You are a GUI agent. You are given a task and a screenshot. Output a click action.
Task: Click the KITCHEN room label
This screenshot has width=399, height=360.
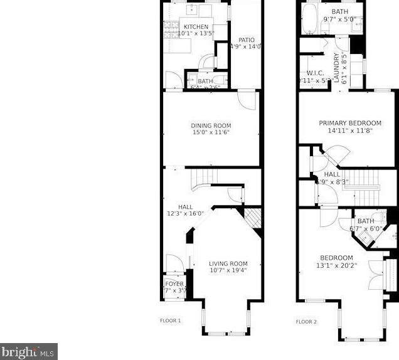point(196,27)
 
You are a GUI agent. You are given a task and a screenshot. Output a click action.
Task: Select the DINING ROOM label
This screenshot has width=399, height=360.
point(211,125)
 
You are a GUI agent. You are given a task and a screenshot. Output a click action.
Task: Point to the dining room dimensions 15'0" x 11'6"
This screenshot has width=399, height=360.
point(211,132)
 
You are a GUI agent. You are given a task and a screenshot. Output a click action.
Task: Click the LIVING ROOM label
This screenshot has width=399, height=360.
point(228,263)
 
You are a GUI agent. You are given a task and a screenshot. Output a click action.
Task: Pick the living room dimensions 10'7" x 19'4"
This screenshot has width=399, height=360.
point(228,270)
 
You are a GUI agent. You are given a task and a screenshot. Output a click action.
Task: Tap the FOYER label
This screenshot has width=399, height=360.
point(174,283)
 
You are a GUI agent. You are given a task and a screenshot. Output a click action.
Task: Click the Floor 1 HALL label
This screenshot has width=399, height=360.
point(185,206)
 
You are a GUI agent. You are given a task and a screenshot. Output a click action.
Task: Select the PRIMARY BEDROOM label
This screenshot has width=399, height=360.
point(350,123)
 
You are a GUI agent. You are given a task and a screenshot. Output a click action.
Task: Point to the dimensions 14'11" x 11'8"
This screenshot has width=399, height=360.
point(350,130)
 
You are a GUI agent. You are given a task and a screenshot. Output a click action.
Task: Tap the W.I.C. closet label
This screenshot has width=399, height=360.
point(315,73)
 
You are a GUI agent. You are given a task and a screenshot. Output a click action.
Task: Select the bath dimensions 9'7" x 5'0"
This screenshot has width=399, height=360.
point(339,19)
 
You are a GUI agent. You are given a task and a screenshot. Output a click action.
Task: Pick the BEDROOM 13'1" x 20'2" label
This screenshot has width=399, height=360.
point(336,258)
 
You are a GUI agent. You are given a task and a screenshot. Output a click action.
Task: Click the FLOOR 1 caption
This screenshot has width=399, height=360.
point(171,320)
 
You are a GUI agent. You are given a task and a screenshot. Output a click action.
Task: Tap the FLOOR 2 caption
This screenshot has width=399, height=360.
point(306,321)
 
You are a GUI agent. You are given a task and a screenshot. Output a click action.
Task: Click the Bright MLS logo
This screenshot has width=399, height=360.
point(29,351)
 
